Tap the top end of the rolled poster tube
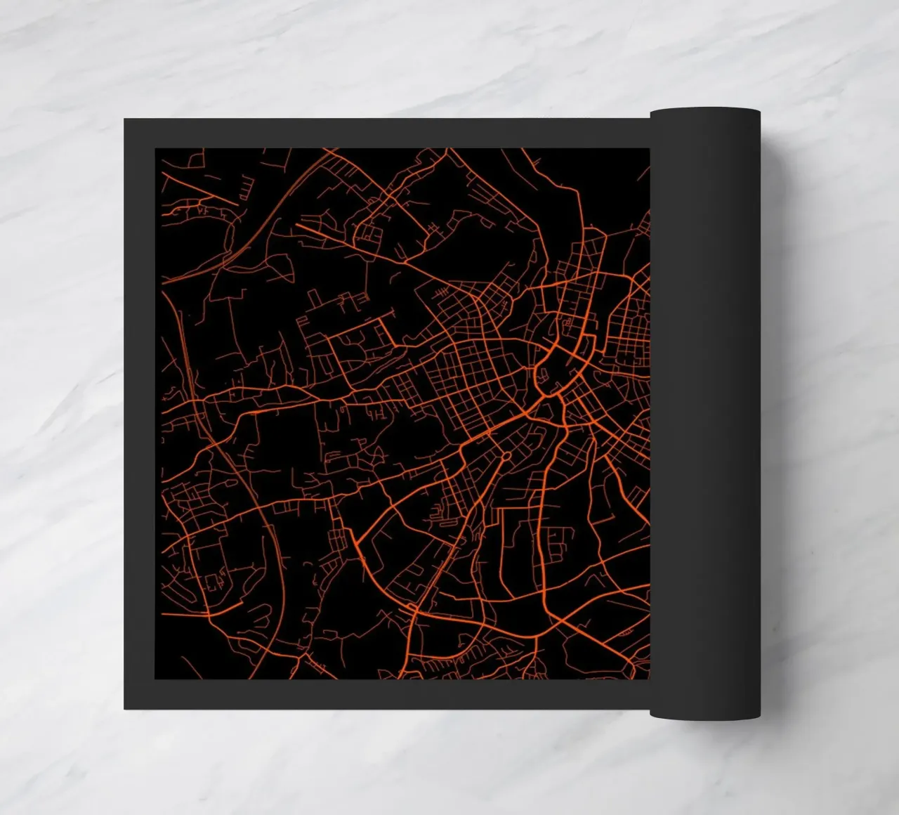click(x=705, y=112)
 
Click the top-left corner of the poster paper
click(x=125, y=119)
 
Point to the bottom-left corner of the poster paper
click(x=125, y=708)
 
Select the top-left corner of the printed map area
click(x=155, y=149)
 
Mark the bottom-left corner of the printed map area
click(x=155, y=679)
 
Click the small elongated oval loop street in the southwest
click(x=211, y=582)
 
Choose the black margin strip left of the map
click(x=140, y=415)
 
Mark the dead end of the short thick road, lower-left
click(x=243, y=602)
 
